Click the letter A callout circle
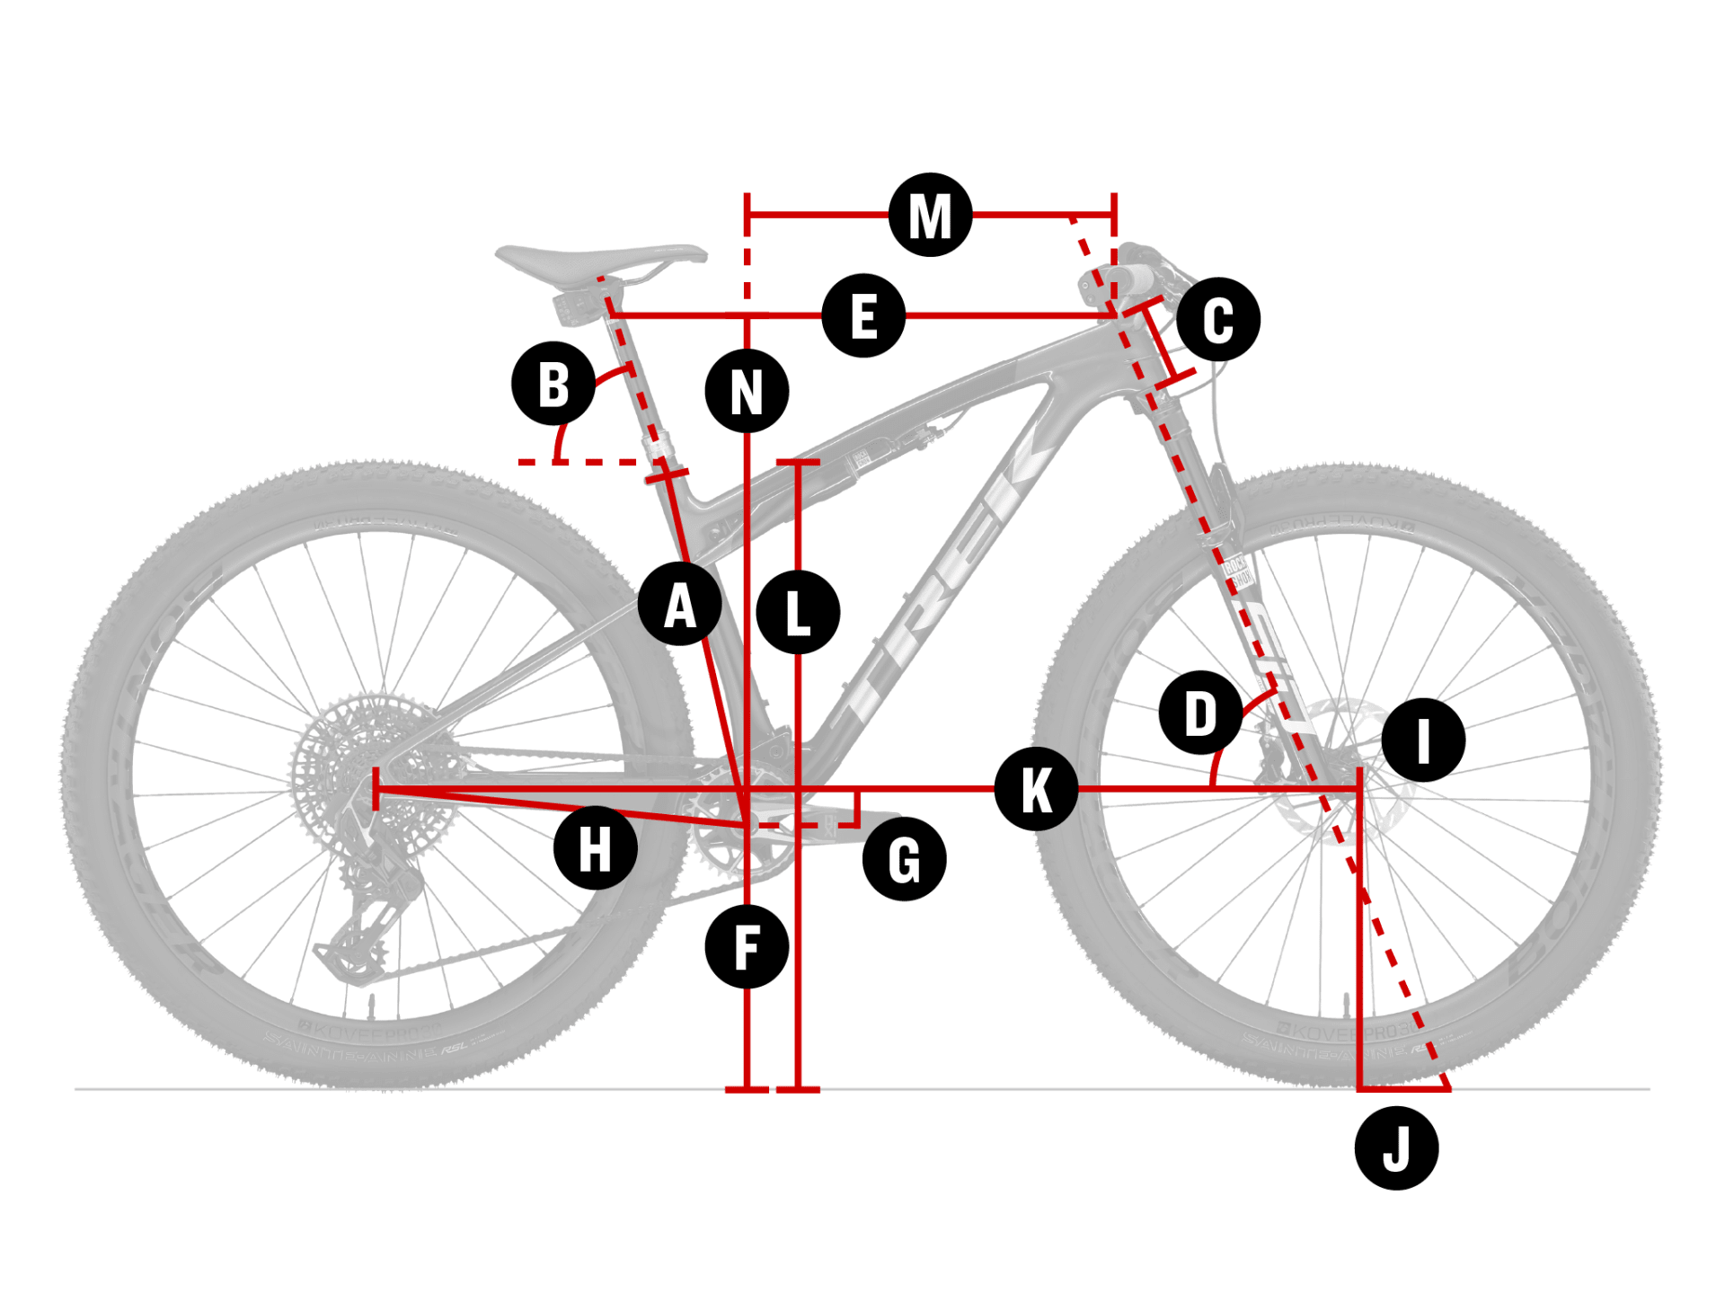click(x=679, y=604)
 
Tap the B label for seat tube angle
click(x=553, y=384)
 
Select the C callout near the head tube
click(x=1217, y=319)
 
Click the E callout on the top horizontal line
click(x=863, y=315)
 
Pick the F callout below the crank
click(x=747, y=946)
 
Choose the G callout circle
click(x=904, y=859)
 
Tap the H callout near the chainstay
click(x=595, y=847)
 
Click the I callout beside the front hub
click(x=1423, y=740)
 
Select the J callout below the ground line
click(x=1396, y=1148)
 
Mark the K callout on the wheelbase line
click(x=1036, y=789)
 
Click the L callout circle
click(x=798, y=612)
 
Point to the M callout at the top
click(x=930, y=215)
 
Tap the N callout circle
click(x=747, y=391)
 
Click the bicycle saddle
click(x=600, y=258)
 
